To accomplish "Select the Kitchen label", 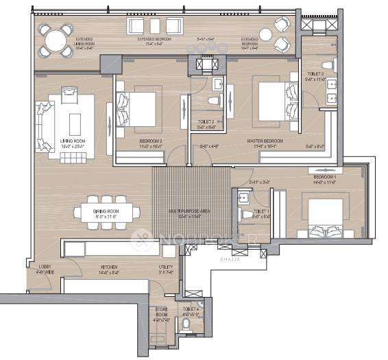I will [x=108, y=266].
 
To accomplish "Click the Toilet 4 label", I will [x=191, y=311].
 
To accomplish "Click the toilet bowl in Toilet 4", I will [x=188, y=324].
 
